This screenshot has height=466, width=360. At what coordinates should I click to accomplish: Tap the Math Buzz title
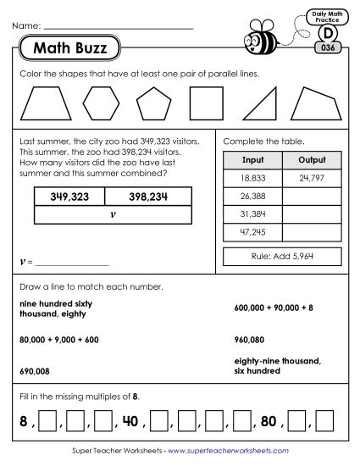tap(70, 48)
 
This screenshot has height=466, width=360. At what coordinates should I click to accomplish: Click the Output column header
tap(312, 159)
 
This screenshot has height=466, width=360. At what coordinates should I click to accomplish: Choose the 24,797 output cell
tap(312, 178)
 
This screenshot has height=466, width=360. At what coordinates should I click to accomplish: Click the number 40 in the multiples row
tap(130, 420)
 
